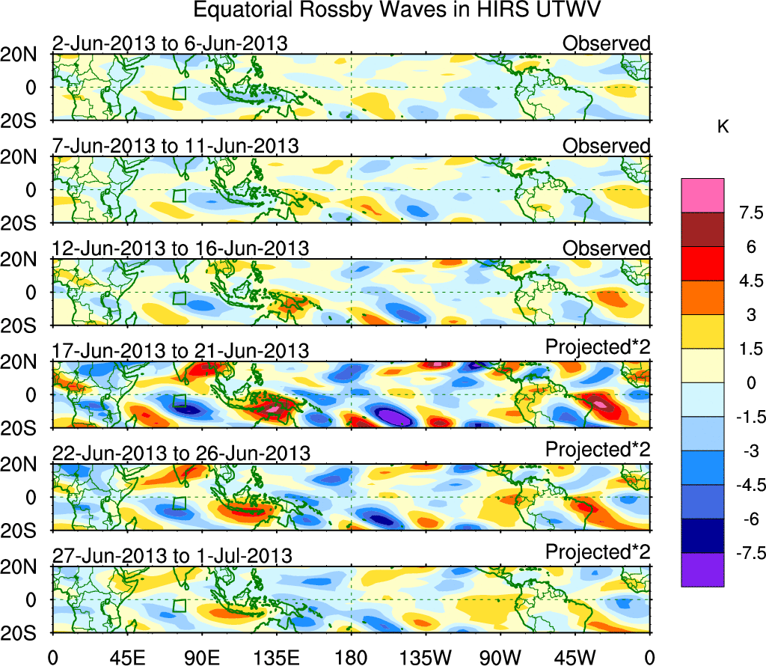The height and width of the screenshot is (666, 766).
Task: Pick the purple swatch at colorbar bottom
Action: (702, 569)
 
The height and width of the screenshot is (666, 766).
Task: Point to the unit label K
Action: (723, 128)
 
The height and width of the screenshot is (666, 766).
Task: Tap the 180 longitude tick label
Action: (352, 658)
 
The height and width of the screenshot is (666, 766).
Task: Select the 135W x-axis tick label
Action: (426, 658)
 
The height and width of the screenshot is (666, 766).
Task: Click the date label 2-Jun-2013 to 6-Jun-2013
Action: (170, 43)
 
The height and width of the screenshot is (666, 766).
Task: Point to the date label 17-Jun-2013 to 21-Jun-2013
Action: (180, 350)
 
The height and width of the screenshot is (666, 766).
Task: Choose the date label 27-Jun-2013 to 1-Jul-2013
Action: (172, 555)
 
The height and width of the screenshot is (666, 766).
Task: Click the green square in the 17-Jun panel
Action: (180, 400)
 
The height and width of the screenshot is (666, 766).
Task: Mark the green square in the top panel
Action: (180, 93)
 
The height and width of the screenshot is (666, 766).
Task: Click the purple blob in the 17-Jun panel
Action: (394, 415)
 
